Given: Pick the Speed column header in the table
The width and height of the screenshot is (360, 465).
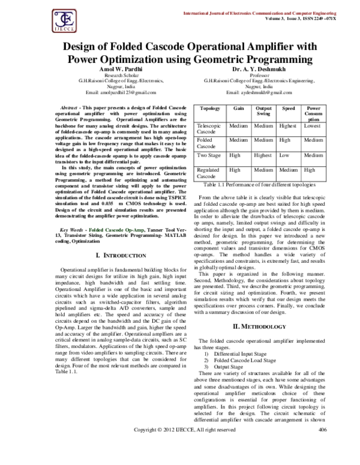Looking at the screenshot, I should pyautogui.click(x=288, y=108).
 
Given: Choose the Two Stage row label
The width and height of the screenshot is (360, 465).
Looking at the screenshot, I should pyautogui.click(x=210, y=155).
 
